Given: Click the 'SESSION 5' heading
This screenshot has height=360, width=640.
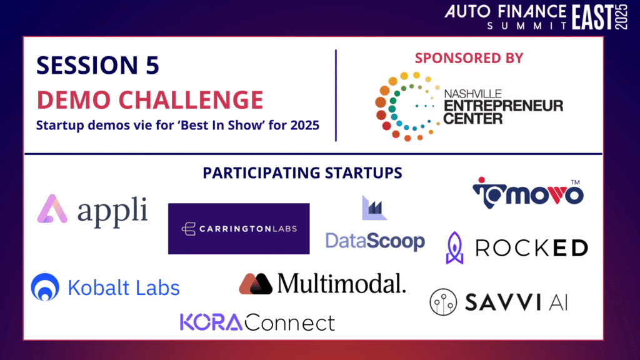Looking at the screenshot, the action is tap(97, 65).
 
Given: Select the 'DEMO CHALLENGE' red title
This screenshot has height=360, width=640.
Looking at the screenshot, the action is tap(150, 100).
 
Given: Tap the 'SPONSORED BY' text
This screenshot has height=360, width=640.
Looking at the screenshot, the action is tap(469, 58).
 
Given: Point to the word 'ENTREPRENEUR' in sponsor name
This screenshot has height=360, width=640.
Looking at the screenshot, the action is tap(503, 106).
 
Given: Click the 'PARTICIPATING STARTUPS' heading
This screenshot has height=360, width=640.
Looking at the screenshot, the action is tap(302, 173).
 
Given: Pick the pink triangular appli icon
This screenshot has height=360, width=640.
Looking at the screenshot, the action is tap(52, 209).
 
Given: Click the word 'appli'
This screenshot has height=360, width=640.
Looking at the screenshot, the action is tap(112, 212).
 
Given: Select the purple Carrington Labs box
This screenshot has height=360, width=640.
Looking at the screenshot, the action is tap(239, 229).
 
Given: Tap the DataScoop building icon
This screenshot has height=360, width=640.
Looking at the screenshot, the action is tap(374, 207).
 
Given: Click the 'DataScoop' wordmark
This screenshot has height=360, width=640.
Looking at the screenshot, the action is tap(375, 241).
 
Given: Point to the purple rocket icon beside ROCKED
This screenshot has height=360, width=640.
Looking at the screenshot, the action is tap(455, 247).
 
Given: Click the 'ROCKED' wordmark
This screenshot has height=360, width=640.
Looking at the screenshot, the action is tap(531, 247).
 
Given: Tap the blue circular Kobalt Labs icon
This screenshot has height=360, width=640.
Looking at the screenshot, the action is tap(45, 287).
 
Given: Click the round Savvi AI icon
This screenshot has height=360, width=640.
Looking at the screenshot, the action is tap(443, 302).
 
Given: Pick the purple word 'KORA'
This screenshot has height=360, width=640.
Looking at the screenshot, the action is tap(211, 322).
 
